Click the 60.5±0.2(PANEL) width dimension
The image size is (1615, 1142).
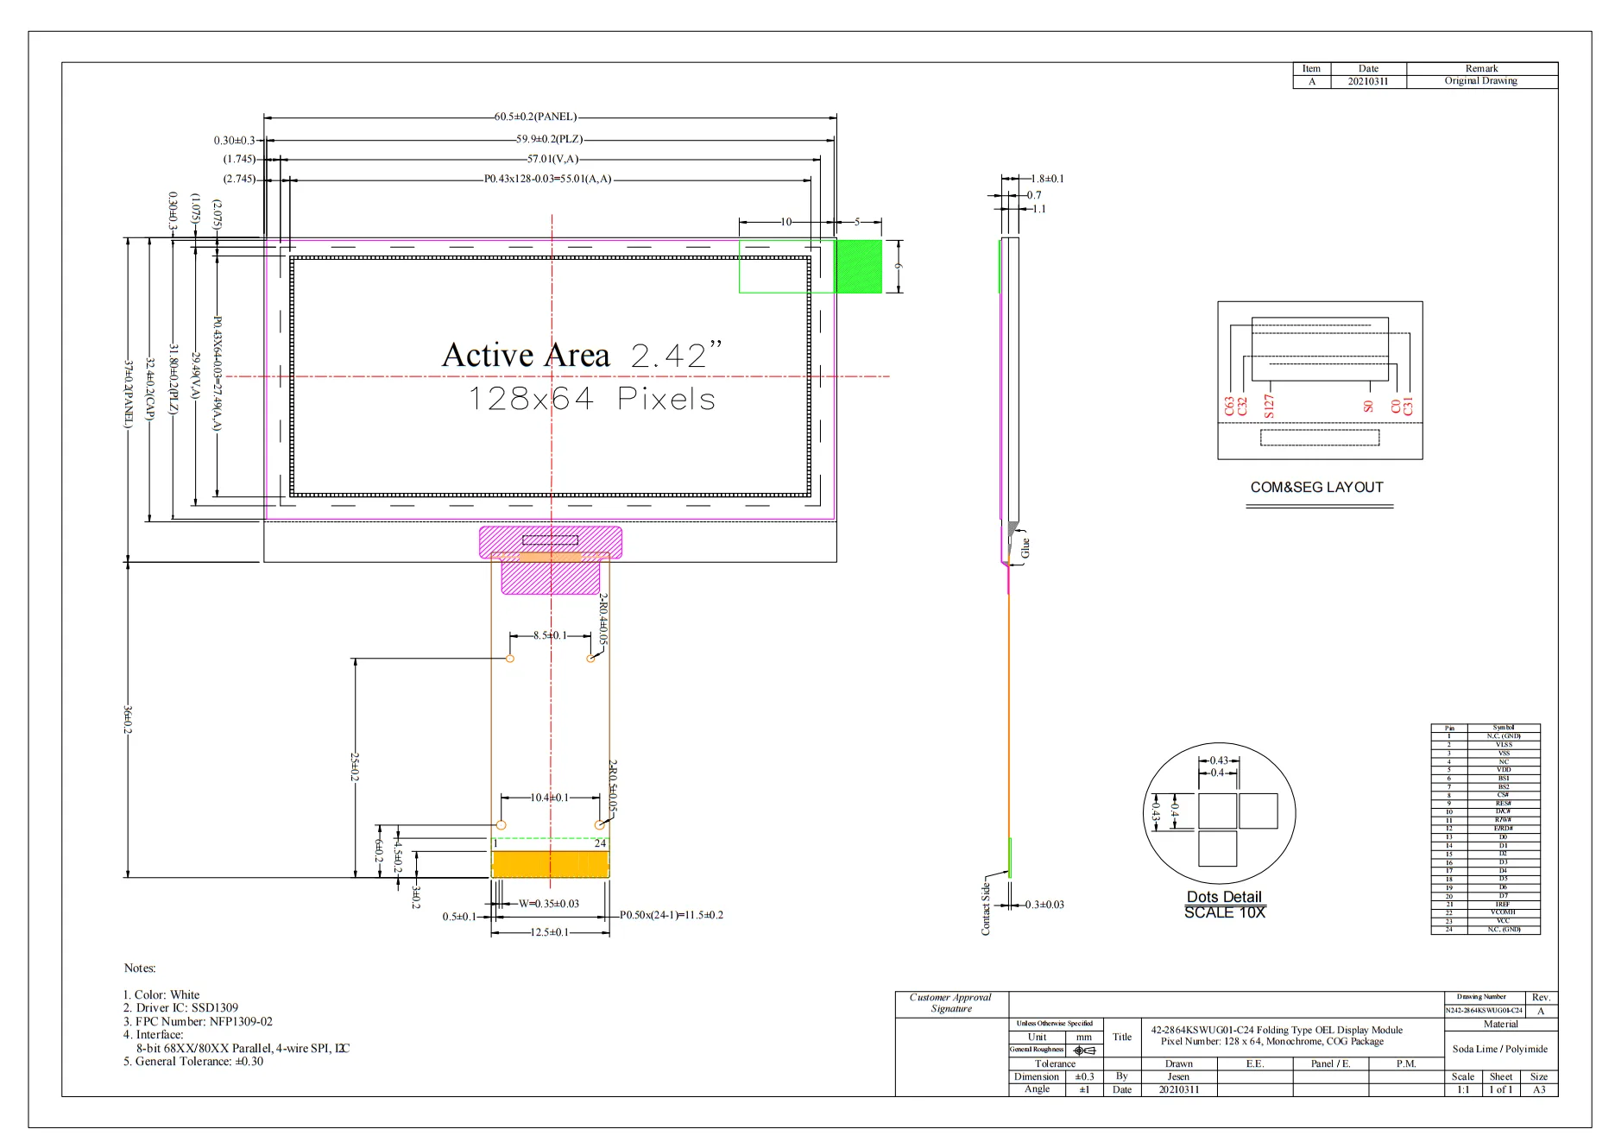pos(535,117)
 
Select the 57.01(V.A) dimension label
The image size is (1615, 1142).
pos(552,159)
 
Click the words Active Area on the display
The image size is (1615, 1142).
pos(526,355)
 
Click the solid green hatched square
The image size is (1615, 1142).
pos(858,266)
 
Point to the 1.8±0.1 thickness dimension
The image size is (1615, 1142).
pos(1047,179)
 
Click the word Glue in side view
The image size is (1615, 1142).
pos(1025,548)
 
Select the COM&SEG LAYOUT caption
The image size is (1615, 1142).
pos(1316,487)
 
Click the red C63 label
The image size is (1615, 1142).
pos(1229,407)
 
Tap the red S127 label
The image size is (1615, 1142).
pos(1269,406)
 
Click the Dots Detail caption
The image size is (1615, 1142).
pos(1223,897)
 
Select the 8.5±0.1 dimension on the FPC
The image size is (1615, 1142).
pos(550,635)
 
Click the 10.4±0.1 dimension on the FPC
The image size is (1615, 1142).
pos(550,798)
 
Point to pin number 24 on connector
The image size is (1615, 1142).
pos(600,843)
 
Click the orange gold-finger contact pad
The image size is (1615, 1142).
pos(550,864)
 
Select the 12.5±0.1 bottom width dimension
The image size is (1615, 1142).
pos(549,932)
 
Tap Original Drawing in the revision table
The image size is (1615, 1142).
pos(1480,81)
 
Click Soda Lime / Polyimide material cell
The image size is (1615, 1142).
pos(1499,1049)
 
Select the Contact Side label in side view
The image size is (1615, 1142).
pos(986,909)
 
